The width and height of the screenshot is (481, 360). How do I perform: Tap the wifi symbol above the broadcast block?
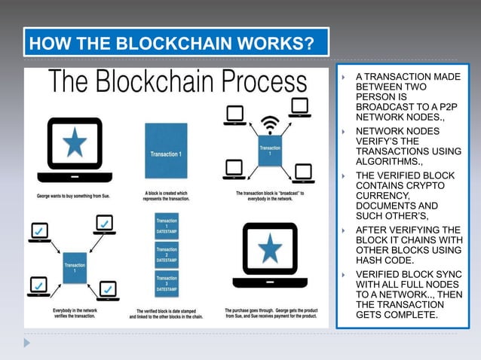coord(269,123)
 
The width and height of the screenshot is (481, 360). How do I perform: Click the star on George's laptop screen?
coord(74,142)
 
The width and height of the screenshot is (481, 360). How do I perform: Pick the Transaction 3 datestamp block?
coord(167,282)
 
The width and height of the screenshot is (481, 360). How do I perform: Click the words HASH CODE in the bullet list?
coord(384,260)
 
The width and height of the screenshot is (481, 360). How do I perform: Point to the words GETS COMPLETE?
coord(396,314)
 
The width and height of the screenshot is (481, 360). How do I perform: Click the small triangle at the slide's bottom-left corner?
coord(27,342)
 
